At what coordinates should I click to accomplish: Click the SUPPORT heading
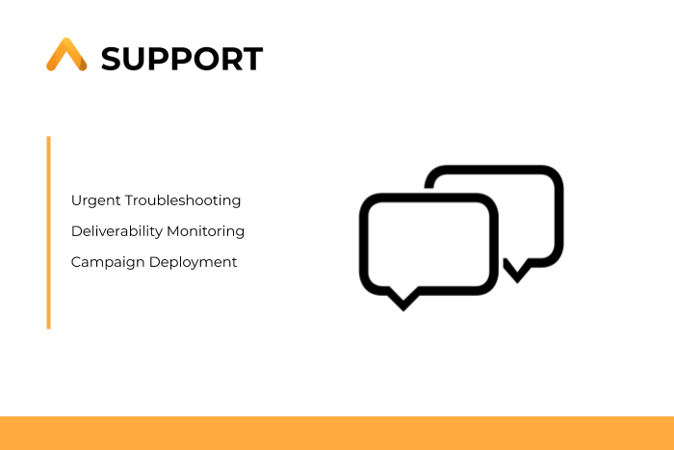click(x=182, y=59)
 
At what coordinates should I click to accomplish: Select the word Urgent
click(x=96, y=200)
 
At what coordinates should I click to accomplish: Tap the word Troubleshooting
click(x=183, y=200)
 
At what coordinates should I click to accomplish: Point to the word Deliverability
click(x=117, y=231)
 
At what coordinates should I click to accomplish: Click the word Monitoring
click(x=205, y=231)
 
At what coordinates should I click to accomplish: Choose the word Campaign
click(x=108, y=262)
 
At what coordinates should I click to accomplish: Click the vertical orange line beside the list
click(x=48, y=233)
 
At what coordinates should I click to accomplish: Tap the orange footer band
click(x=337, y=433)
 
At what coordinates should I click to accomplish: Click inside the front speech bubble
click(x=428, y=244)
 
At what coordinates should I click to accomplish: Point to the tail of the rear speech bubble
click(x=517, y=272)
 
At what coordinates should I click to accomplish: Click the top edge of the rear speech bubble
click(x=494, y=170)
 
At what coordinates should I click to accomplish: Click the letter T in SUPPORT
click(x=252, y=59)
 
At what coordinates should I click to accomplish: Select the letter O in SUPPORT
click(x=204, y=59)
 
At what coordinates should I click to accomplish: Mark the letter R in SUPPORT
click(x=232, y=59)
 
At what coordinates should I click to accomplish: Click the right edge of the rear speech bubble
click(x=558, y=216)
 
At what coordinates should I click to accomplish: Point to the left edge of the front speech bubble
click(x=364, y=244)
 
